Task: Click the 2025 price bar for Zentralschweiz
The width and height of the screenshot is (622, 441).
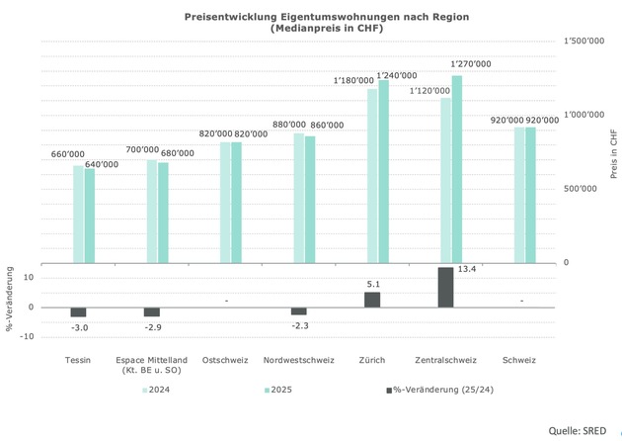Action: coord(456,169)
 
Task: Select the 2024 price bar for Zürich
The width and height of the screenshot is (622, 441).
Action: coord(372,176)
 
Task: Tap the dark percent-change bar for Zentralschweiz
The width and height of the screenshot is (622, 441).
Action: coord(445,287)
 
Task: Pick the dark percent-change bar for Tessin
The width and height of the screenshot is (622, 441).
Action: coord(78,311)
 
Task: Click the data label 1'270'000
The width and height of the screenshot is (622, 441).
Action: coord(471,63)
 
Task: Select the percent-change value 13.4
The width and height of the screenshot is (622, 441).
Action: coord(467,268)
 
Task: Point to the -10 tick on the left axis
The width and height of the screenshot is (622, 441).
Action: coord(28,336)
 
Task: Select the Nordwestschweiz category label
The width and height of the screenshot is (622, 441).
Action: coord(299,360)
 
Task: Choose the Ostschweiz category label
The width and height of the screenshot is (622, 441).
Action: coord(225,360)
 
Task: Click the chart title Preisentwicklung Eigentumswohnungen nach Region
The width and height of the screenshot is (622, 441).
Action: coord(312,17)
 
